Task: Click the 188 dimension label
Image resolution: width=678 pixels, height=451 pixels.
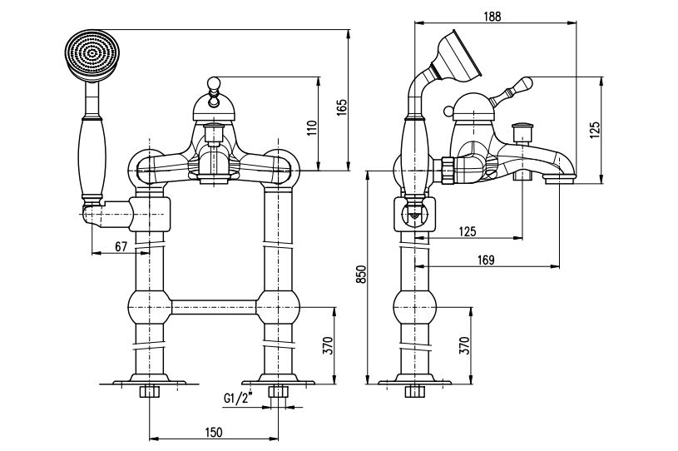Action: (492, 16)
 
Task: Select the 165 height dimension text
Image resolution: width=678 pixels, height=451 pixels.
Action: (341, 107)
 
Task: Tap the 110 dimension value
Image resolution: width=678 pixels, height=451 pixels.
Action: (312, 128)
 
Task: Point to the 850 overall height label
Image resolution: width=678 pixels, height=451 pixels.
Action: (361, 274)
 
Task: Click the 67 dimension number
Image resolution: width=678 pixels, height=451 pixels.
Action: (121, 246)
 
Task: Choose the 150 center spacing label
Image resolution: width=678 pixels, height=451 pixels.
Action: (213, 432)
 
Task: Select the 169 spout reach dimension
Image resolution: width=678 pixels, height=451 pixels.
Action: (486, 260)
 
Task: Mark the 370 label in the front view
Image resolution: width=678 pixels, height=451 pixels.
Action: (329, 345)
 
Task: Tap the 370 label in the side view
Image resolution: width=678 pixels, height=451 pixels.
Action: (464, 345)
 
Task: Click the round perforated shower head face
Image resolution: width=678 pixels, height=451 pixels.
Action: (92, 55)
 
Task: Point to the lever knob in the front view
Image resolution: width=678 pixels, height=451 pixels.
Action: (213, 82)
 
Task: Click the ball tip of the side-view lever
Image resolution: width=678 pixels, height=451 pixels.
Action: (526, 82)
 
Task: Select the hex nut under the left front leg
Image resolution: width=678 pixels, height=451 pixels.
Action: (150, 392)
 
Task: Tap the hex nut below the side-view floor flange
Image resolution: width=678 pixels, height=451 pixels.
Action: (414, 392)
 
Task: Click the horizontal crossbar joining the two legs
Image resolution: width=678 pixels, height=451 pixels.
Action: (214, 307)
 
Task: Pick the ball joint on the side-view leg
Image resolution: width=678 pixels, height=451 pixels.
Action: (414, 307)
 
